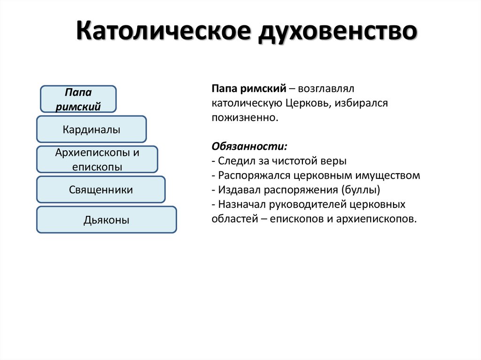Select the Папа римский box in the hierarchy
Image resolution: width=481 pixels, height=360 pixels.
(78, 99)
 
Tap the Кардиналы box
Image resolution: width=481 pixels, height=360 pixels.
(92, 130)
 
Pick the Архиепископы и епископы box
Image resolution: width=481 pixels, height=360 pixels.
(97, 160)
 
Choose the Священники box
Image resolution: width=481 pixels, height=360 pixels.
(101, 190)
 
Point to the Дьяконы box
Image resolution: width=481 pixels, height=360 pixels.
(107, 220)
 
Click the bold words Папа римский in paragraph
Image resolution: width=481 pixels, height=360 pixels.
(249, 88)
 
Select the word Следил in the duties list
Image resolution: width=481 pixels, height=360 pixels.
(233, 161)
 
